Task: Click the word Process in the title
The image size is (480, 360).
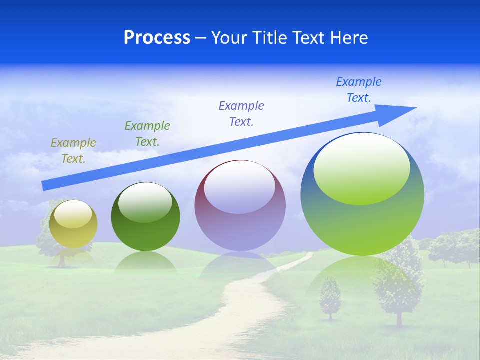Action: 157,38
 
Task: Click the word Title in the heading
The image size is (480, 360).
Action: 269,38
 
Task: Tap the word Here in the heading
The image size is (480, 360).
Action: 348,38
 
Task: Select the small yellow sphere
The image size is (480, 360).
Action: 73,224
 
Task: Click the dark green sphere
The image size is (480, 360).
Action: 145,217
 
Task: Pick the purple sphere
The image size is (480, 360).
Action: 240,206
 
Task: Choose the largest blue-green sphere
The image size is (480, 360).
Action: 362,194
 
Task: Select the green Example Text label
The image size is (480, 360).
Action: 147,134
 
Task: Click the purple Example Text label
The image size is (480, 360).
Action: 241,113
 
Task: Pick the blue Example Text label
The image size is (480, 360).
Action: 359,90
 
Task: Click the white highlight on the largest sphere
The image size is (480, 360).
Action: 361,167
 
